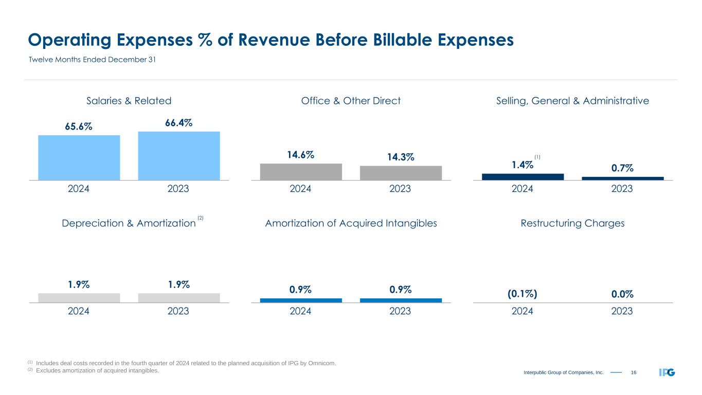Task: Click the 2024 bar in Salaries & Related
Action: pos(79,157)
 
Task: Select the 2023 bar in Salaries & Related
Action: pos(178,155)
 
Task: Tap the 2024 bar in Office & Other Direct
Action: pos(301,172)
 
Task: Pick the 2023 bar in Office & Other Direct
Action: pos(401,173)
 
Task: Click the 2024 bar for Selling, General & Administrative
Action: pos(523,176)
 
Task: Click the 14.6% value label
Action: pos(301,154)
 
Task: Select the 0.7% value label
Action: pos(622,168)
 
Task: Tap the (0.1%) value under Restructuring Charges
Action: pos(523,294)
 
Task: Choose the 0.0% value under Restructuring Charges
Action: pos(622,294)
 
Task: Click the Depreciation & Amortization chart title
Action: pos(129,223)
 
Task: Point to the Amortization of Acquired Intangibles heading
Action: pos(351,223)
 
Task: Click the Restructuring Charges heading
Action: pos(572,223)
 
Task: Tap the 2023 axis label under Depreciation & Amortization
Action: pos(178,311)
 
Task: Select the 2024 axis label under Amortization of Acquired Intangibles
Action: pos(301,311)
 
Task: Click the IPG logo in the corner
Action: pos(667,372)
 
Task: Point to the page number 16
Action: pos(634,372)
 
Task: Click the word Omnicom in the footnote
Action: pos(322,364)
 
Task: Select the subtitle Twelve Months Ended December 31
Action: pos(92,60)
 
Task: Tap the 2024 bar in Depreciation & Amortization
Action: pos(79,298)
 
